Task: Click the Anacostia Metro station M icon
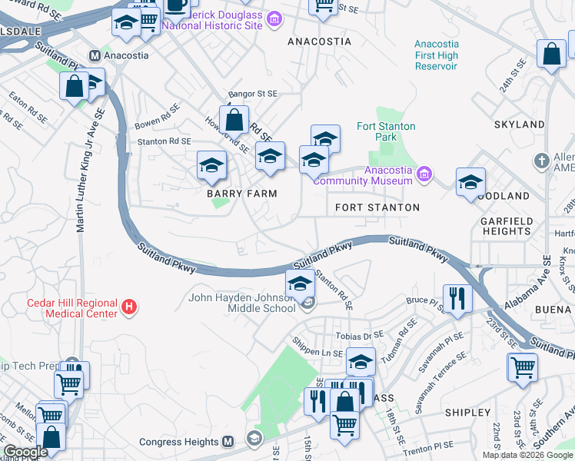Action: click(95, 55)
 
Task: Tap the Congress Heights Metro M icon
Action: click(228, 442)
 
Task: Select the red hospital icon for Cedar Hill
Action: click(129, 307)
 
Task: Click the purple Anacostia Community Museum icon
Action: click(423, 175)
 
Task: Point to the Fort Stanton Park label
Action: click(386, 132)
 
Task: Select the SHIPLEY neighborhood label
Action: click(467, 413)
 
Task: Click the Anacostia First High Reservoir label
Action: click(436, 55)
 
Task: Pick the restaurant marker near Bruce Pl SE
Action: click(458, 298)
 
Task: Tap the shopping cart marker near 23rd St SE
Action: click(523, 367)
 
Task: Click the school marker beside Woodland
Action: click(470, 183)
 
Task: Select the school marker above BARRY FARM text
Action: click(211, 164)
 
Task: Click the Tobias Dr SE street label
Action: click(358, 336)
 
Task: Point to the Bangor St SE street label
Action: click(253, 93)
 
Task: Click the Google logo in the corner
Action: click(25, 453)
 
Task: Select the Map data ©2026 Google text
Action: click(527, 455)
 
